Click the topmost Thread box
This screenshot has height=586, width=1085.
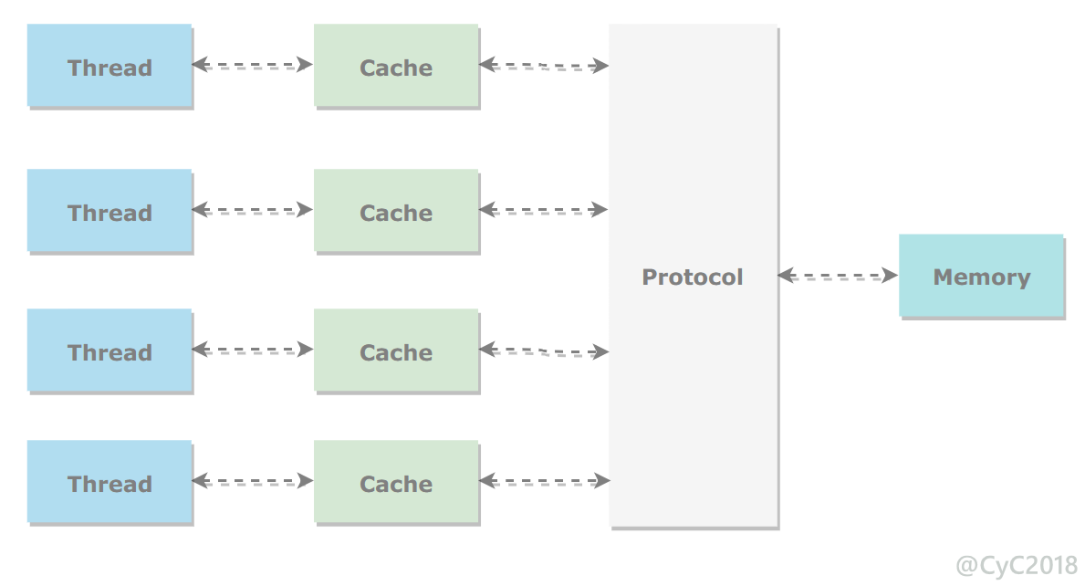click(110, 66)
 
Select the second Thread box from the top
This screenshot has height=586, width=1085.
click(110, 210)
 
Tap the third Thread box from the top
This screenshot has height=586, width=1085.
click(110, 351)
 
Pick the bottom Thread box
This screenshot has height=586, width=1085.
click(110, 482)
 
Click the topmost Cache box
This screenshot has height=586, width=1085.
click(396, 66)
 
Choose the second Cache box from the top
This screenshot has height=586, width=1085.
click(396, 210)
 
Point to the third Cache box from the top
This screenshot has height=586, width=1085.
click(396, 351)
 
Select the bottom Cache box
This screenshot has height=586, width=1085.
click(396, 482)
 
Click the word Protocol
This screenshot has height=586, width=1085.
click(692, 277)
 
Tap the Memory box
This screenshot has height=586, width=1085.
click(981, 276)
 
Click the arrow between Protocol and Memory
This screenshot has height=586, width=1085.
click(838, 276)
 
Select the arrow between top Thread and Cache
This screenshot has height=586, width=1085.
click(253, 65)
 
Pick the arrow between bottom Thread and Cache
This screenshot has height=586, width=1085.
click(253, 481)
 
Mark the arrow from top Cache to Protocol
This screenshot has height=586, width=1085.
click(544, 66)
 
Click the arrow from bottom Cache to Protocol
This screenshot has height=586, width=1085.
click(545, 481)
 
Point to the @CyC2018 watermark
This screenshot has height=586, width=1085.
click(1017, 565)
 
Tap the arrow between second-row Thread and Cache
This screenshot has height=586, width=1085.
click(253, 210)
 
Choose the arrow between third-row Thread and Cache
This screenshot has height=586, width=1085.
click(253, 350)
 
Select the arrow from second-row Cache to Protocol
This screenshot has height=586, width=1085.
click(544, 210)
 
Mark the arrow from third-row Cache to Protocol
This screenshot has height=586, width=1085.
click(544, 351)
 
